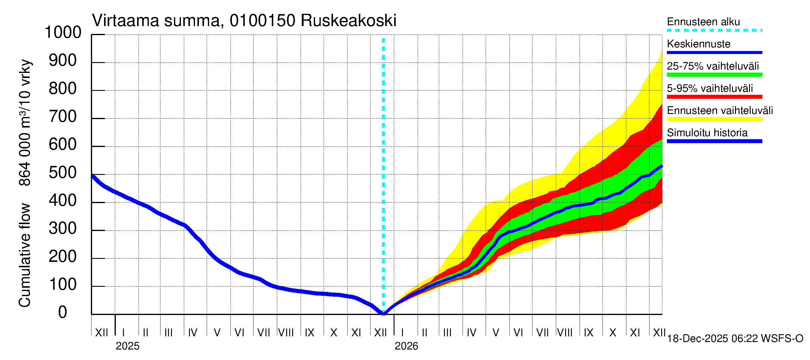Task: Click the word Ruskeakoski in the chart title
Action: click(348, 21)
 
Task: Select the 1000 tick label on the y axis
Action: click(63, 32)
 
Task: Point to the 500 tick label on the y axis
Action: click(63, 172)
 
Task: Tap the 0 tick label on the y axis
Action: click(63, 312)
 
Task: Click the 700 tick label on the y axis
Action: click(63, 117)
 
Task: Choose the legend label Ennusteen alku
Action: click(703, 22)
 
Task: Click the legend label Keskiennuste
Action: click(698, 44)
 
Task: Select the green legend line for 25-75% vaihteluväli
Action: click(714, 75)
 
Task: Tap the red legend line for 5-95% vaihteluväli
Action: click(714, 97)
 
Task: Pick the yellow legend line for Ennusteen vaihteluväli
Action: click(714, 119)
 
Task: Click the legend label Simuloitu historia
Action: click(707, 133)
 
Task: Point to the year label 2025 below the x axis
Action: click(127, 346)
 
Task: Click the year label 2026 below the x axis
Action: click(406, 346)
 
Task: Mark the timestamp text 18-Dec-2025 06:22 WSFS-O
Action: click(735, 339)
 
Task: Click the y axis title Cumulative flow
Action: click(25, 255)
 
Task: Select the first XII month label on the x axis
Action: click(101, 332)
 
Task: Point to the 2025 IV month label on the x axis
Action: click(192, 332)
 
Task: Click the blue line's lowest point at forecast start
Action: click(383, 313)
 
